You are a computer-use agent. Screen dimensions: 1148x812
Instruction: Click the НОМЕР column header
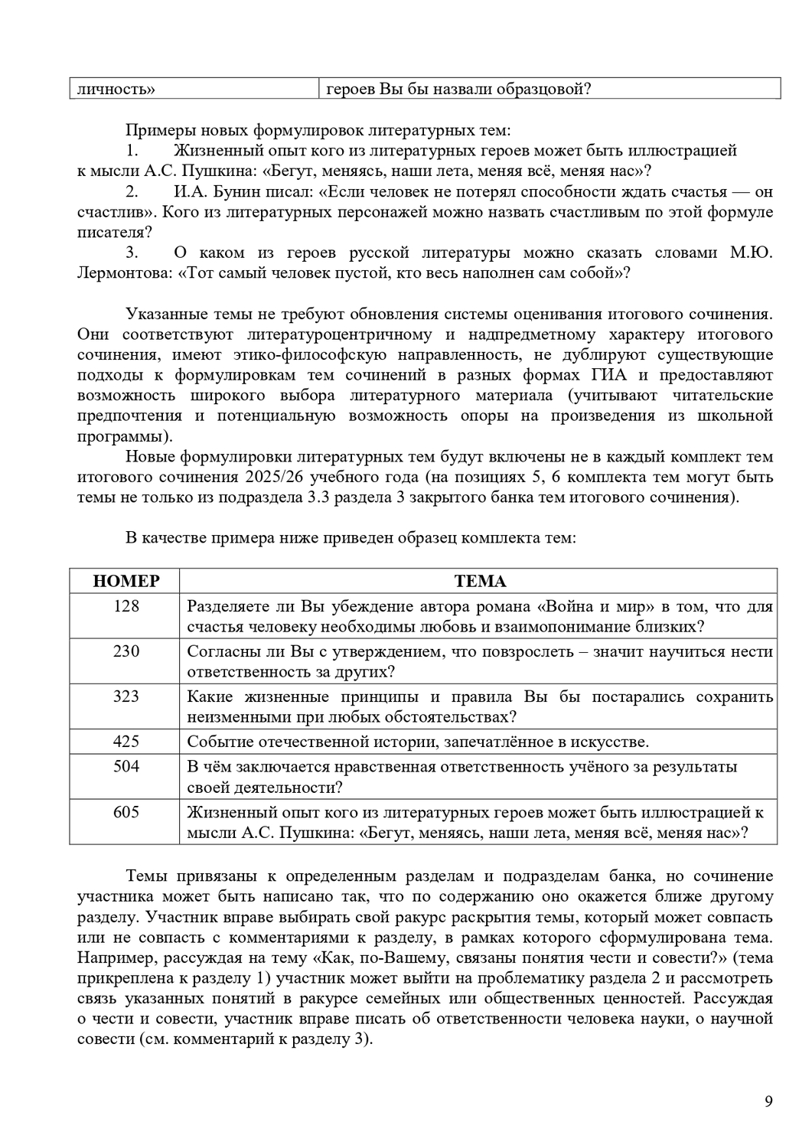point(126,581)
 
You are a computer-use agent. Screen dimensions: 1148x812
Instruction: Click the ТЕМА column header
point(480,581)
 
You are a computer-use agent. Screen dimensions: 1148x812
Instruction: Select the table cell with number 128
point(126,606)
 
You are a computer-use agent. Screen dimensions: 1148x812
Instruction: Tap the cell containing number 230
point(126,651)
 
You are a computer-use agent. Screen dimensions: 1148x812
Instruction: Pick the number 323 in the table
point(126,696)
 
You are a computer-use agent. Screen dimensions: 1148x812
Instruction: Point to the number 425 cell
point(126,741)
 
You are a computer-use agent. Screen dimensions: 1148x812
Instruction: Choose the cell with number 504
point(126,766)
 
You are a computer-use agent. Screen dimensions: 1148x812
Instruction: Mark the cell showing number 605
point(126,811)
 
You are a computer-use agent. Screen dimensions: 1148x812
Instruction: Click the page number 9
point(768,1101)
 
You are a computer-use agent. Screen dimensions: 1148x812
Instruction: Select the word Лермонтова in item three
point(120,272)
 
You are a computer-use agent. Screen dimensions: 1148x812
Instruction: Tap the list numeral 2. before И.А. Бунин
point(132,191)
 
